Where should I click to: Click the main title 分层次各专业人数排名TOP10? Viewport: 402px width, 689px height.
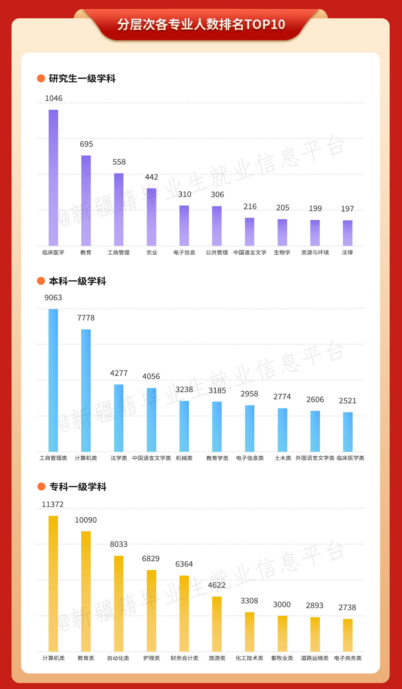[x=201, y=25]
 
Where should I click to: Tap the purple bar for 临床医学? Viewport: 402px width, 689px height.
[x=53, y=177]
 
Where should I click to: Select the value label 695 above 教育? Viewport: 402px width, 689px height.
[x=86, y=144]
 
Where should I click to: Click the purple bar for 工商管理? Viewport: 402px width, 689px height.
[x=119, y=209]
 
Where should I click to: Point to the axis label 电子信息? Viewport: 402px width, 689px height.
[x=184, y=253]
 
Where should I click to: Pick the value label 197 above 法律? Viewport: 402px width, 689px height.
[x=347, y=209]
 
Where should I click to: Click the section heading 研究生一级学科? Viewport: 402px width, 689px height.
[x=82, y=78]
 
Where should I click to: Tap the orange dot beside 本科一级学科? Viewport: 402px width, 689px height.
[x=41, y=281]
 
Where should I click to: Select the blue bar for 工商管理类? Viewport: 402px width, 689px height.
[x=53, y=380]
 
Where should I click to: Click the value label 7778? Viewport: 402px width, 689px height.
[x=86, y=318]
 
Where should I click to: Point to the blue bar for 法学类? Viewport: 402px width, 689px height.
[x=119, y=418]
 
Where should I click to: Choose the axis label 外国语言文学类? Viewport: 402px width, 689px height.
[x=315, y=458]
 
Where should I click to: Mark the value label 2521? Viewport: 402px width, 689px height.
[x=347, y=401]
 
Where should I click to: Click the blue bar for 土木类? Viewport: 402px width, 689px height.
[x=282, y=430]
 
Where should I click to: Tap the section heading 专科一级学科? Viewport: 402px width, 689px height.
[x=78, y=487]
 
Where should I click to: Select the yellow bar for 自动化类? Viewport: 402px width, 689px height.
[x=119, y=603]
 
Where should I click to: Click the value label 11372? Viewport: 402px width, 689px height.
[x=53, y=504]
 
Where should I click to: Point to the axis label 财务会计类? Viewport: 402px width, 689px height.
[x=184, y=658]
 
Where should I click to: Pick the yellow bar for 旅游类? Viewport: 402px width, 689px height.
[x=217, y=623]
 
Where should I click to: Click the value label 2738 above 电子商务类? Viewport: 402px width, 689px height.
[x=347, y=607]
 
